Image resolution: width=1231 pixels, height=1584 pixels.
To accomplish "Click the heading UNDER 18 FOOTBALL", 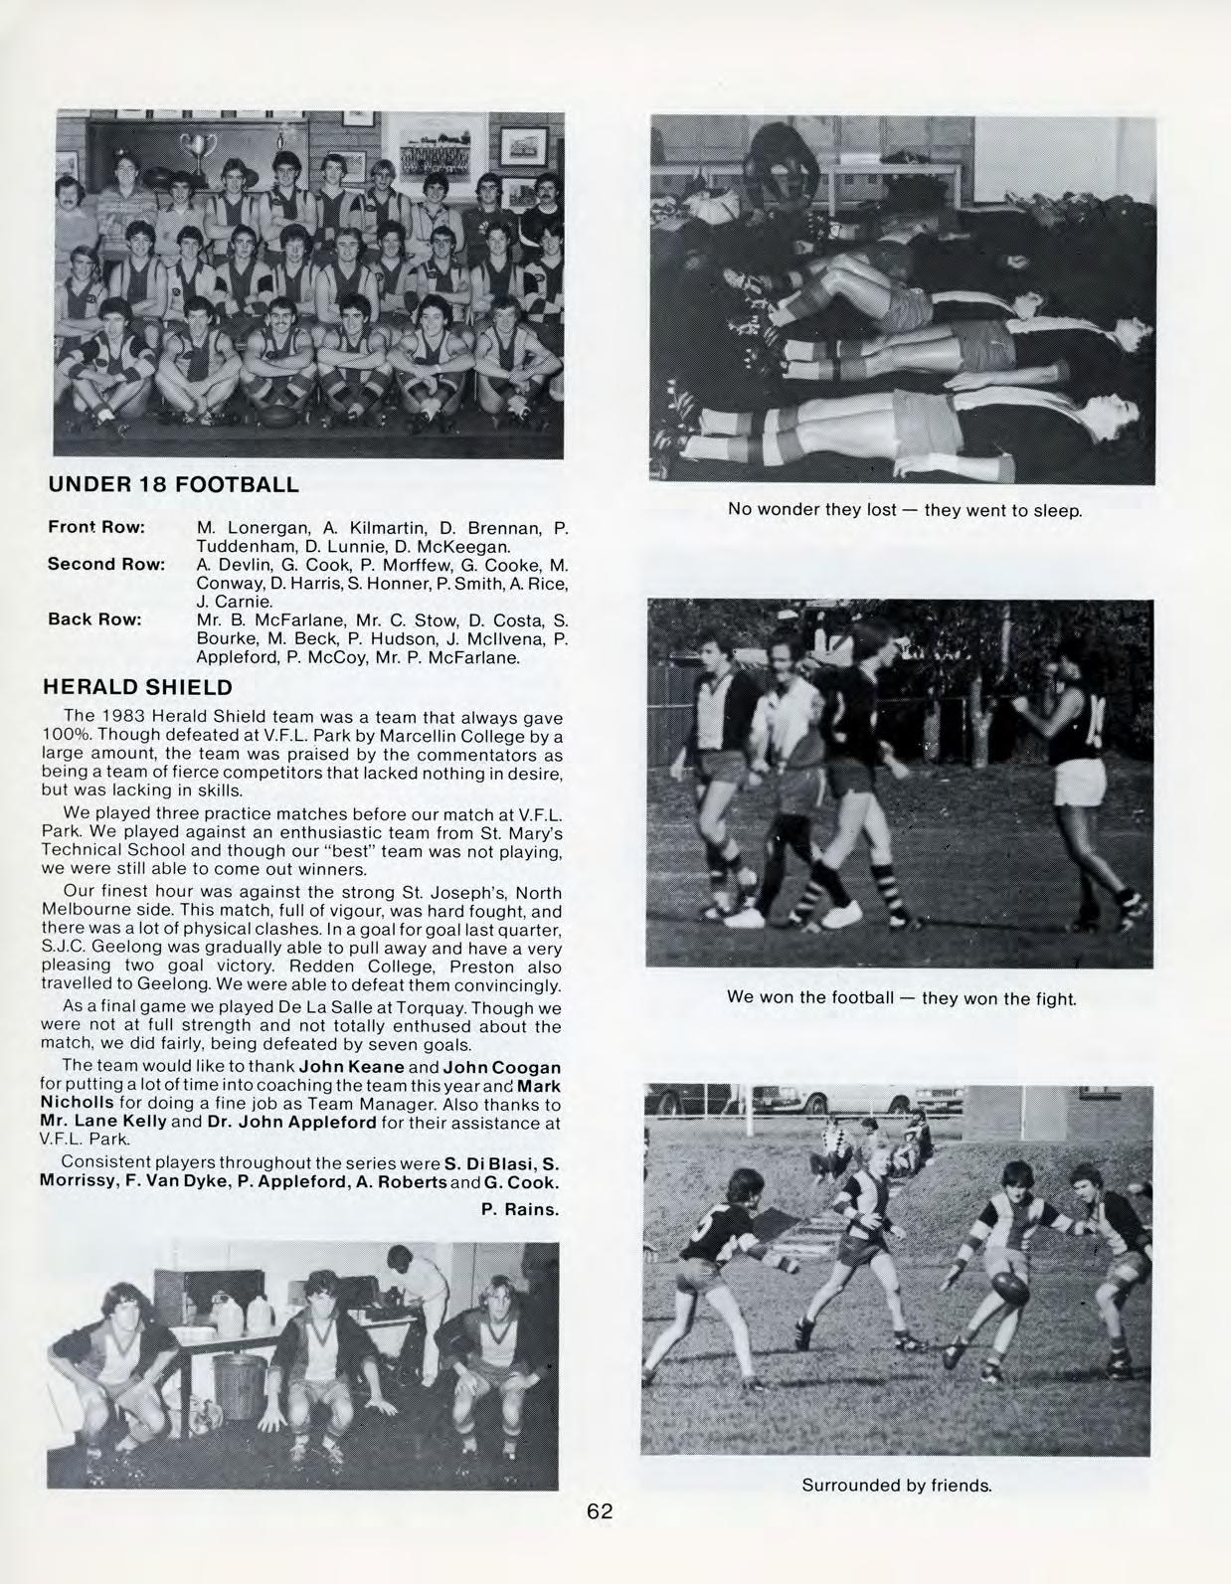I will pyautogui.click(x=173, y=485).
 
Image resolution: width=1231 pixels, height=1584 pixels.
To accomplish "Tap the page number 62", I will pyautogui.click(x=600, y=1512).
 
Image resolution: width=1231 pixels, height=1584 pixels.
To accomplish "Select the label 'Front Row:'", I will pyautogui.click(x=96, y=526).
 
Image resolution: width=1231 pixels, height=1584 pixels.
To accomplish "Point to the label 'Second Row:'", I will pyautogui.click(x=105, y=564).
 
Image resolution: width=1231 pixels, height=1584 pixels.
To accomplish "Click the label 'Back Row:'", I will pyautogui.click(x=94, y=619).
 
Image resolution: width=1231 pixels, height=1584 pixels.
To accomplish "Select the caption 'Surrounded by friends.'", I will pyautogui.click(x=897, y=1486).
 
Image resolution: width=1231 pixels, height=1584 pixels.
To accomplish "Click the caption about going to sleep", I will pyautogui.click(x=904, y=511).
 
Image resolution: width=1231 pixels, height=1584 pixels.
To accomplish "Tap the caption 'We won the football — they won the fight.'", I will pyautogui.click(x=901, y=997).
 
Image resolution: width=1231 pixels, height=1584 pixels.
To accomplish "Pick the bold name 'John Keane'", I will pyautogui.click(x=352, y=1067).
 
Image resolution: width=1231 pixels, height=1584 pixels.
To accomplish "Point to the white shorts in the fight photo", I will pyautogui.click(x=1081, y=783).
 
